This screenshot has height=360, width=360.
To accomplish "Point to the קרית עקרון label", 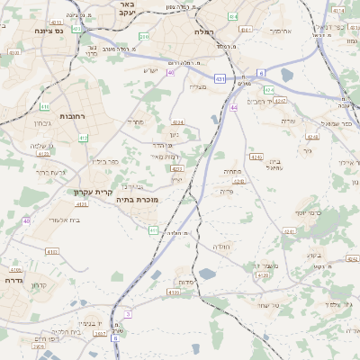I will click(x=93, y=191).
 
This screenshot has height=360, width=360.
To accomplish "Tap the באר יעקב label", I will click(x=125, y=9).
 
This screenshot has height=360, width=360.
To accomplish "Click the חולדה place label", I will click(x=220, y=247).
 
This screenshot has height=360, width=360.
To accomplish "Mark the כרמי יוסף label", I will click(x=312, y=213).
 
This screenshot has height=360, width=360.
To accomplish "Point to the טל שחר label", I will click(x=261, y=306).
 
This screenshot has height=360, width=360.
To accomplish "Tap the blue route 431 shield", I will click(x=220, y=79).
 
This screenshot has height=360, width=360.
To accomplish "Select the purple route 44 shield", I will click(x=233, y=107).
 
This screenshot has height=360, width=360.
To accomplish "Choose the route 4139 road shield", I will click(x=173, y=292).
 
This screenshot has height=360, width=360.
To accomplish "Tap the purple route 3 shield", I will click(x=128, y=313).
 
